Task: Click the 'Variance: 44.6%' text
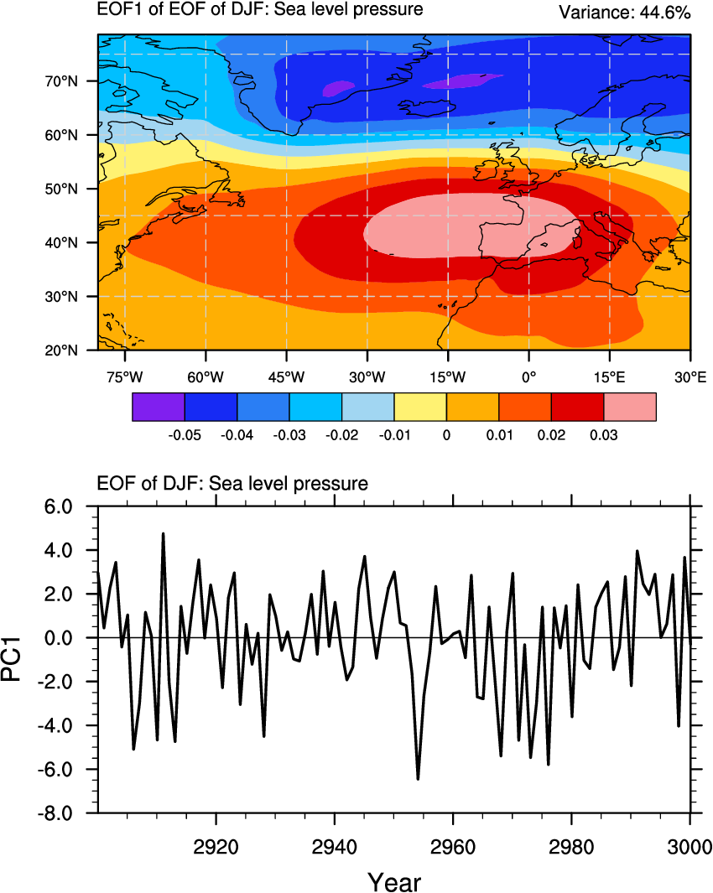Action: (x=625, y=13)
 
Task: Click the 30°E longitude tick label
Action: (x=690, y=377)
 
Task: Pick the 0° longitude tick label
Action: (x=528, y=377)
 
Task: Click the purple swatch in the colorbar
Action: (x=159, y=407)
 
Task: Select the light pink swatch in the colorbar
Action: (x=630, y=407)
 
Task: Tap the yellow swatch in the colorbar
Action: (x=420, y=407)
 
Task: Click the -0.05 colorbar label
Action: (x=184, y=436)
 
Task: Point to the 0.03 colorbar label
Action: (x=604, y=436)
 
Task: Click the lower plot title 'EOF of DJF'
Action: (x=233, y=483)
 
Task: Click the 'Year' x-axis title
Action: (x=394, y=880)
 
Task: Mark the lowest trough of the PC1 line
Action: (x=418, y=779)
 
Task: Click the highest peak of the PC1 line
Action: (x=163, y=533)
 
